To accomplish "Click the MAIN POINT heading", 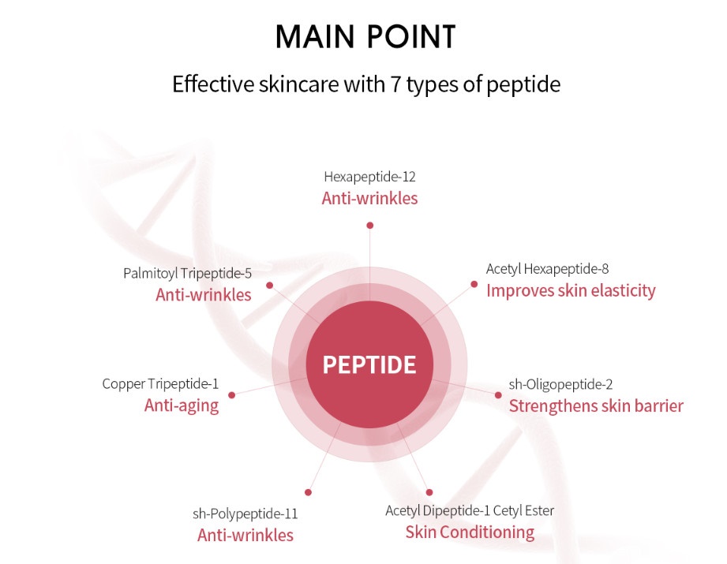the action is pyautogui.click(x=365, y=36).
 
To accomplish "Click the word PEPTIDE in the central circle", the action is pyautogui.click(x=369, y=364).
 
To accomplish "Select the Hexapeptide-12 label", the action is pyautogui.click(x=369, y=177).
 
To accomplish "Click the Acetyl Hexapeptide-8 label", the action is pyautogui.click(x=547, y=269).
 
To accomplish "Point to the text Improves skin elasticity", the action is pyautogui.click(x=571, y=290).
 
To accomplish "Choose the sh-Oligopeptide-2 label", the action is pyautogui.click(x=560, y=384).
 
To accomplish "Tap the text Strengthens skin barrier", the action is pyautogui.click(x=596, y=406).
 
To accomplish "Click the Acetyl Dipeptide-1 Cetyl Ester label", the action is pyautogui.click(x=470, y=510).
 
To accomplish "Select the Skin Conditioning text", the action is pyautogui.click(x=470, y=532).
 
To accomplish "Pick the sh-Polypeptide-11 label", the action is pyautogui.click(x=245, y=514).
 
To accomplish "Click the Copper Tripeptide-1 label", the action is pyautogui.click(x=160, y=383).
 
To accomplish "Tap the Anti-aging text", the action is pyautogui.click(x=182, y=405).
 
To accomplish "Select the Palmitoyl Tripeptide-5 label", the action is pyautogui.click(x=187, y=274).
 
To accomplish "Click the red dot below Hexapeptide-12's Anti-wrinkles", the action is pyautogui.click(x=369, y=226).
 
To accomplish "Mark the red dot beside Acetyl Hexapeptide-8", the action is pyautogui.click(x=474, y=284).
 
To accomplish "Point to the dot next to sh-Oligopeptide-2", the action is pyautogui.click(x=498, y=395).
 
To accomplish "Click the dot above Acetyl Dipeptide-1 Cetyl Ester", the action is pyautogui.click(x=429, y=492).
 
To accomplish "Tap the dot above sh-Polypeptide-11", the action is pyautogui.click(x=309, y=492).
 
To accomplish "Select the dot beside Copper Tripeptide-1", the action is pyautogui.click(x=232, y=395).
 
